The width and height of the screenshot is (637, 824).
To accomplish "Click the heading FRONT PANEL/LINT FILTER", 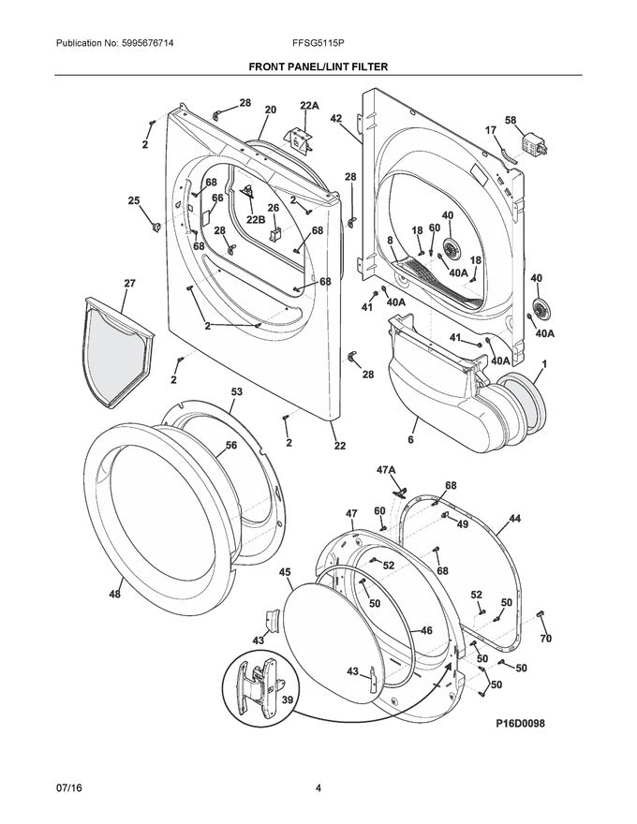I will [x=318, y=67].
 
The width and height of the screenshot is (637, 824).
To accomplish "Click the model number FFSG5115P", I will [x=318, y=44].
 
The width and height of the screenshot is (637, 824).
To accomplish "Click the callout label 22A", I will [x=309, y=107].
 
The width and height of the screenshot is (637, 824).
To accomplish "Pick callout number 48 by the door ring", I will [x=115, y=593].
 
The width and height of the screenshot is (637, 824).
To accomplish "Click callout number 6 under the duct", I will [x=409, y=439].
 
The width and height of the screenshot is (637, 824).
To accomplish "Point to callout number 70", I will [x=545, y=639].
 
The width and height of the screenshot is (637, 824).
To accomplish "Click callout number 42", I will [x=335, y=119].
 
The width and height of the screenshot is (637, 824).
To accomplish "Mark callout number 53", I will [x=237, y=391].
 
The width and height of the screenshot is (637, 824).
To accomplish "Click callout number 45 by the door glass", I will [x=285, y=571].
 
